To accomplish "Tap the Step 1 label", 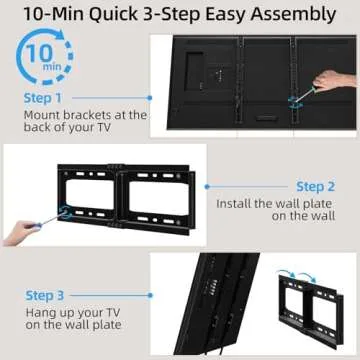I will coord(45,99).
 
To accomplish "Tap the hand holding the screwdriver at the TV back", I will coord(329,81).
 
